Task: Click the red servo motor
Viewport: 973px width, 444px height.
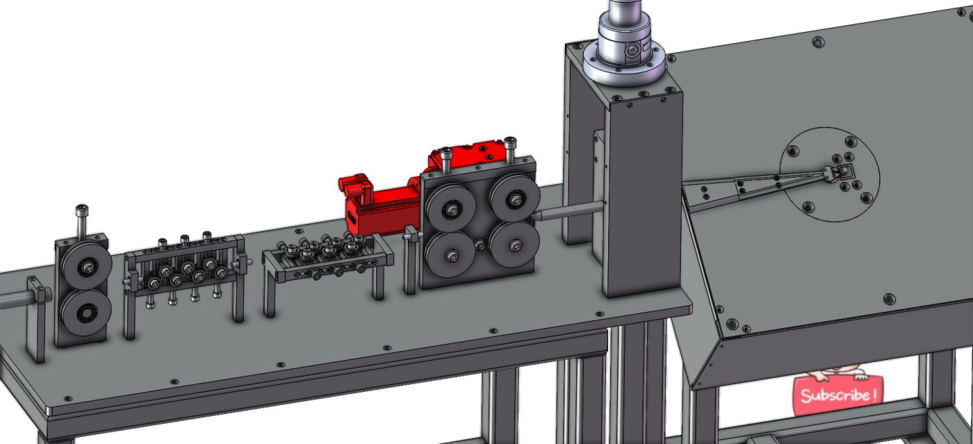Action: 379,202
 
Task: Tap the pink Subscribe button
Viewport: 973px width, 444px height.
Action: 837,395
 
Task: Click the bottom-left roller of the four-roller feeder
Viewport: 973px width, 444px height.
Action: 452,257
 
